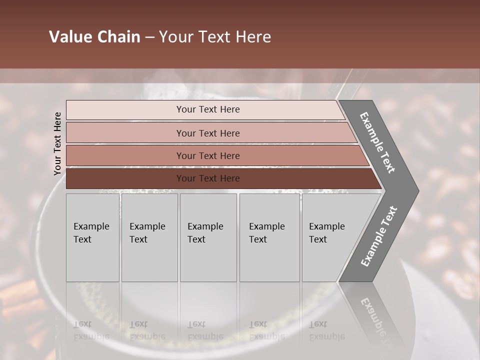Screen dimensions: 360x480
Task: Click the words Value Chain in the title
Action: (94, 37)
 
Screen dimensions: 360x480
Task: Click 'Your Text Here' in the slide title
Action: (215, 37)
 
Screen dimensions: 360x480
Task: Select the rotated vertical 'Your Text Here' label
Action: (57, 143)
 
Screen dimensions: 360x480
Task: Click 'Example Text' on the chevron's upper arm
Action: (377, 142)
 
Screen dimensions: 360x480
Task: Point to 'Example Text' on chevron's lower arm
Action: (378, 236)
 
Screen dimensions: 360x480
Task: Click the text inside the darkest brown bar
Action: (208, 178)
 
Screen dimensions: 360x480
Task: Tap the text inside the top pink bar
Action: (208, 109)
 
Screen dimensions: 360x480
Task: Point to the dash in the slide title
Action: (149, 37)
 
